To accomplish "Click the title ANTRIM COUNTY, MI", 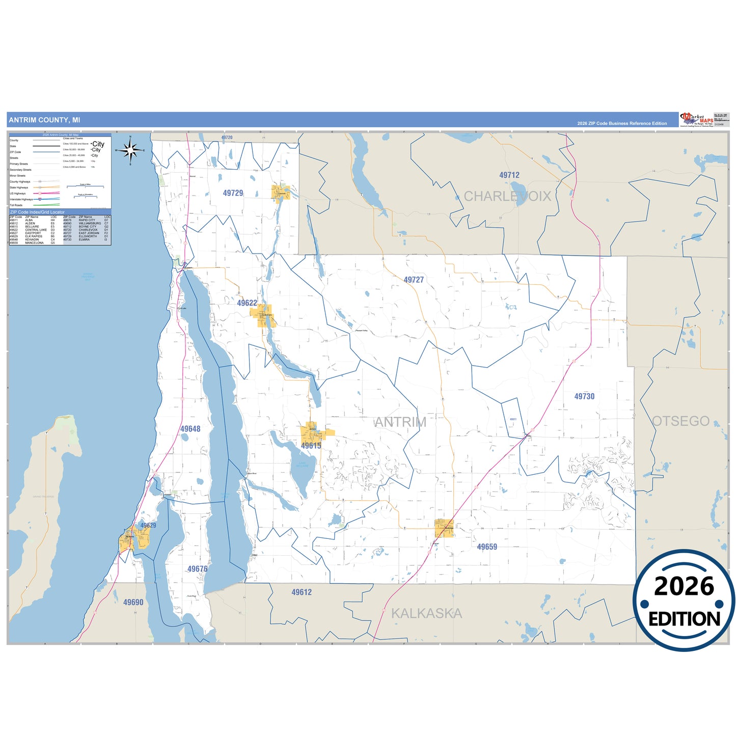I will (x=44, y=120).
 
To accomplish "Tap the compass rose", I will (x=130, y=150).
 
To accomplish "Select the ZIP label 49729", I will (x=233, y=193).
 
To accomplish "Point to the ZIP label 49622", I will (x=247, y=303).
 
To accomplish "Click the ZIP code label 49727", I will (x=414, y=280).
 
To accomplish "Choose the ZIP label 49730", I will (x=584, y=396).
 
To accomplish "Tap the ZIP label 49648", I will (x=190, y=429).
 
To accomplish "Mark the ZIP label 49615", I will (x=311, y=446).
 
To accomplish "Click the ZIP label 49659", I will (x=487, y=547).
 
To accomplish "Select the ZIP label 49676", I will (x=197, y=569).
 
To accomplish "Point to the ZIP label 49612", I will (x=302, y=592).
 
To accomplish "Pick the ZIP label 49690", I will (x=133, y=602).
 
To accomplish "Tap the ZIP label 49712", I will (x=509, y=175).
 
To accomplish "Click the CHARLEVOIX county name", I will (x=507, y=196).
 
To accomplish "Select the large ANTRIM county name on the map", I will (x=400, y=422).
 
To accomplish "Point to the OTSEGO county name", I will (x=680, y=421).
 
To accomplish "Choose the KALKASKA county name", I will (x=426, y=613).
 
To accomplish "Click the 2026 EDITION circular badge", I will (x=684, y=601).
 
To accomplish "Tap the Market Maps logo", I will (x=696, y=120).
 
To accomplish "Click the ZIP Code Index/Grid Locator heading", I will (x=37, y=212).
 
